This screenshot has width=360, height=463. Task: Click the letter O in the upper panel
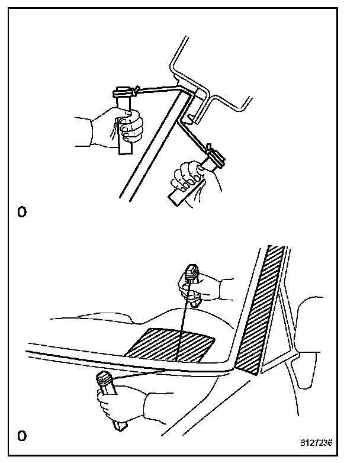tap(22, 212)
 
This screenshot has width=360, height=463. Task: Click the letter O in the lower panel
tap(22, 436)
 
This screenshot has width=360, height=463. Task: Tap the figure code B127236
tap(316, 443)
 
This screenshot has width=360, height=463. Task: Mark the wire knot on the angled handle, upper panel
tap(209, 147)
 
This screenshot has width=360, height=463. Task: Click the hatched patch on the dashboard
tap(169, 345)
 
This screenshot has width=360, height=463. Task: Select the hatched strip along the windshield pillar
tap(259, 310)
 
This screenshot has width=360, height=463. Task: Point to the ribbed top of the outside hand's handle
tap(105, 380)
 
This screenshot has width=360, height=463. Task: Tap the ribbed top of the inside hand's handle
tap(191, 272)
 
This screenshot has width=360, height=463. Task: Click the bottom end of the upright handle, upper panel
tap(124, 153)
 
